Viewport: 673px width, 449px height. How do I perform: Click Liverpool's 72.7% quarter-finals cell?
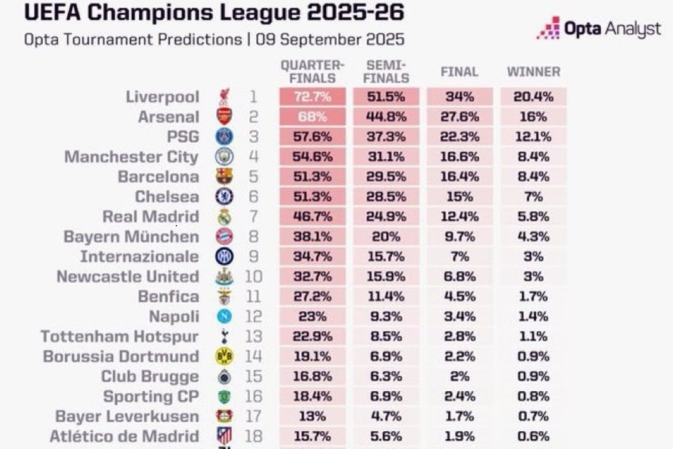[x=313, y=97]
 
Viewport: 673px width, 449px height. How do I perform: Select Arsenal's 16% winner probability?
[x=533, y=117]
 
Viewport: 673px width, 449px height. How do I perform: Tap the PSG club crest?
[x=224, y=137]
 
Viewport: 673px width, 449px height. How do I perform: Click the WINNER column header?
[x=533, y=72]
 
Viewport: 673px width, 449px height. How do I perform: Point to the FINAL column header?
[x=459, y=72]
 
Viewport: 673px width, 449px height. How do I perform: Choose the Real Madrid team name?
[x=151, y=217]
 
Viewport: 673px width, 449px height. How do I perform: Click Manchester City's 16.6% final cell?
[x=459, y=157]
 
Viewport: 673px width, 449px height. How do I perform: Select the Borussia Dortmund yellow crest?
[x=224, y=357]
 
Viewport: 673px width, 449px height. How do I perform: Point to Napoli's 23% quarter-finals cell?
[x=313, y=317]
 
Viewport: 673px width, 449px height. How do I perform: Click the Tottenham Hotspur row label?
[x=119, y=337]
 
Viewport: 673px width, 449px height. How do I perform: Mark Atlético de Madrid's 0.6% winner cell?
[x=533, y=437]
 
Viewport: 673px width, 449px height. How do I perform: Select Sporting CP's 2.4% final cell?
[x=459, y=397]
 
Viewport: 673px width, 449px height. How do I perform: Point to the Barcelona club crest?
[x=224, y=177]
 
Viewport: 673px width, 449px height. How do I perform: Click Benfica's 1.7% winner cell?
[x=533, y=297]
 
